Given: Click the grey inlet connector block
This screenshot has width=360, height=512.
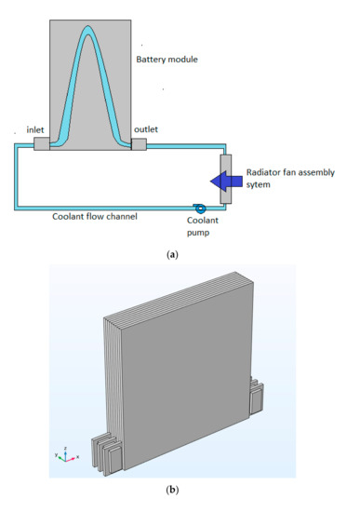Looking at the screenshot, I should point(43,144).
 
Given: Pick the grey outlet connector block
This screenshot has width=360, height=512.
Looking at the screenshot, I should point(139,144).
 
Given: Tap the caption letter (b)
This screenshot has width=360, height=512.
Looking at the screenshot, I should point(180,498).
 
